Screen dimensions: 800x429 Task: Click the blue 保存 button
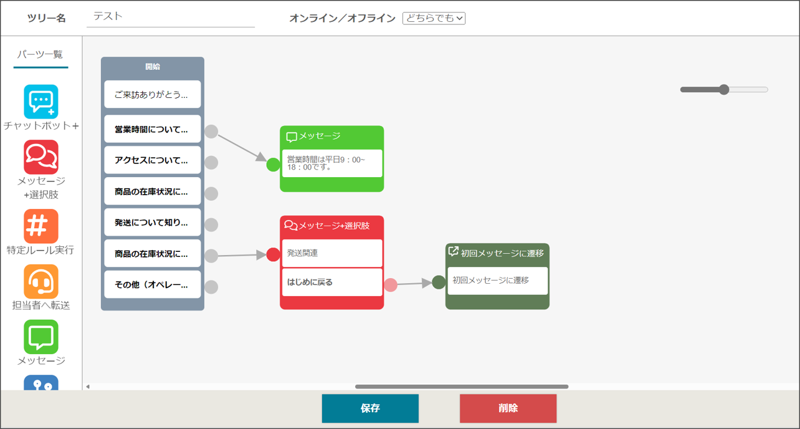370,408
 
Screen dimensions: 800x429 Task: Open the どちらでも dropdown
434,18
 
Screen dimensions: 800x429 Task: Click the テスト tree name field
170,17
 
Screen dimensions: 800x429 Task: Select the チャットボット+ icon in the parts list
41,102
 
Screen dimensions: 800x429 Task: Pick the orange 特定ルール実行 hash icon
41,226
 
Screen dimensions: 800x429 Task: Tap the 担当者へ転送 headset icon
41,281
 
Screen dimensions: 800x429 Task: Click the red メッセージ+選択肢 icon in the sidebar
41,157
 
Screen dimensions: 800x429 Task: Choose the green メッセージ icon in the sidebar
41,337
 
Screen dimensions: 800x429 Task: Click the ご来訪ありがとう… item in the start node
153,94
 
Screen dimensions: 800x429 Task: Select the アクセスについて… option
153,160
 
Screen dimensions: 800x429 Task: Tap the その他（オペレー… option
153,284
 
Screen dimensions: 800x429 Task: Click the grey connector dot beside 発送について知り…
211,225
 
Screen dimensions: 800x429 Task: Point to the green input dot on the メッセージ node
274,165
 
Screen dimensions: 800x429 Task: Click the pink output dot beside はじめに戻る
391,285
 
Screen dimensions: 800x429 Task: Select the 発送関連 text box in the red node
332,253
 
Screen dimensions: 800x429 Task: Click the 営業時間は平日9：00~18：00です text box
332,163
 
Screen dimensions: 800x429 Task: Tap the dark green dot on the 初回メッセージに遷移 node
439,282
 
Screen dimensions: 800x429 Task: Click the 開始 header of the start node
153,67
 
